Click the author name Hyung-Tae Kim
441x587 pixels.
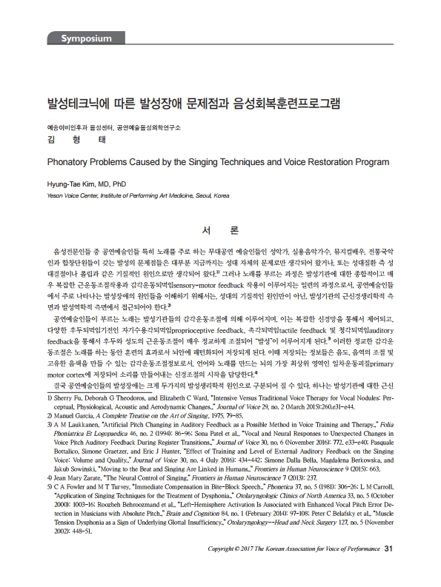(x=71, y=179)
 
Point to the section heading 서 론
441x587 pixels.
(x=220, y=230)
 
